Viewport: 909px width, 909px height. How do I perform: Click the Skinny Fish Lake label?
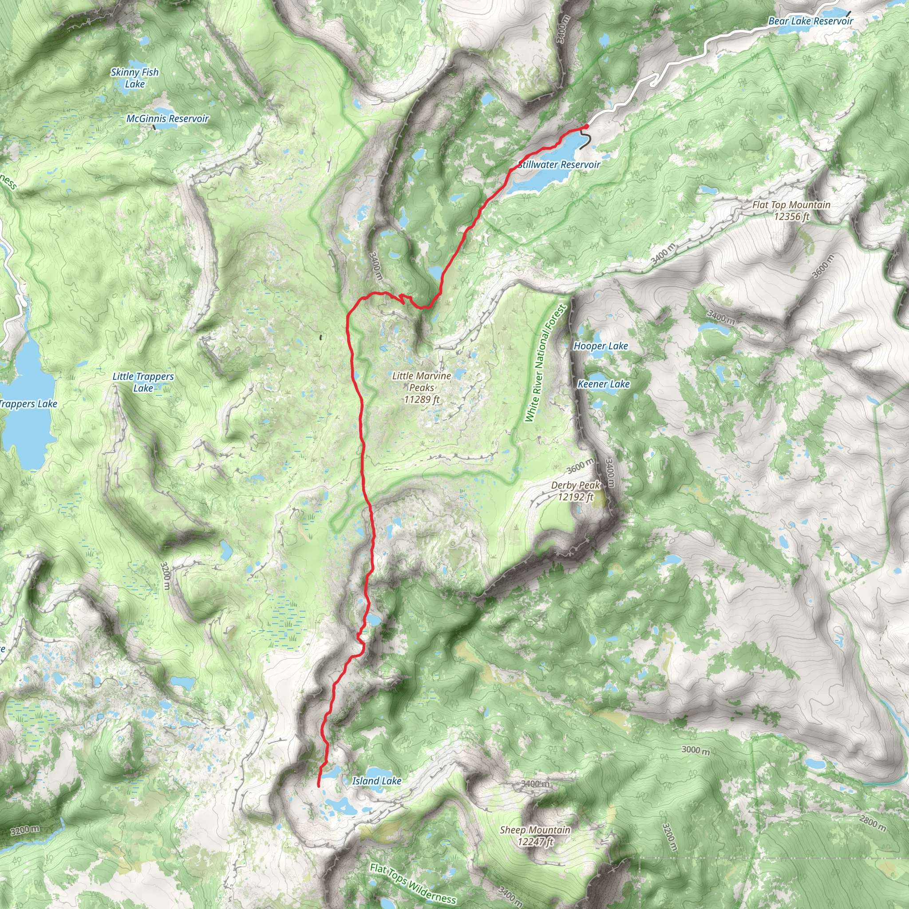click(134, 78)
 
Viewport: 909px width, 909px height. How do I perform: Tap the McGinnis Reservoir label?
click(167, 119)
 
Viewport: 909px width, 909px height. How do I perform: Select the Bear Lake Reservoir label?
click(810, 21)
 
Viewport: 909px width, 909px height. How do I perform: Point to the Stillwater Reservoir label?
click(559, 165)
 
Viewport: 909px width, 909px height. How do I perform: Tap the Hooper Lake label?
click(601, 346)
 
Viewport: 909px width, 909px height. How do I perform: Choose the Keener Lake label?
click(603, 384)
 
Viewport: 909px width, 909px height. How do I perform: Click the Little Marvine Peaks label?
click(422, 387)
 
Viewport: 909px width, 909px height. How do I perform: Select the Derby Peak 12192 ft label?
click(575, 491)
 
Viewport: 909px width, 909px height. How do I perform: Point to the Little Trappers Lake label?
click(143, 382)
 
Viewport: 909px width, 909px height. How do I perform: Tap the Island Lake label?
click(376, 781)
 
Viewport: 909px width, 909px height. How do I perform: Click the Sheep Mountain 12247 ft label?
click(535, 836)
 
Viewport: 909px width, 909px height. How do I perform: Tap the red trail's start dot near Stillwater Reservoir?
click(586, 126)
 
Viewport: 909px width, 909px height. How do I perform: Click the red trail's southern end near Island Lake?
click(319, 785)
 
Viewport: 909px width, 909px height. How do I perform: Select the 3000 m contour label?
click(696, 750)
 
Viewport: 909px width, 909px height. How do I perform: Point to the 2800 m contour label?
click(873, 822)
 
